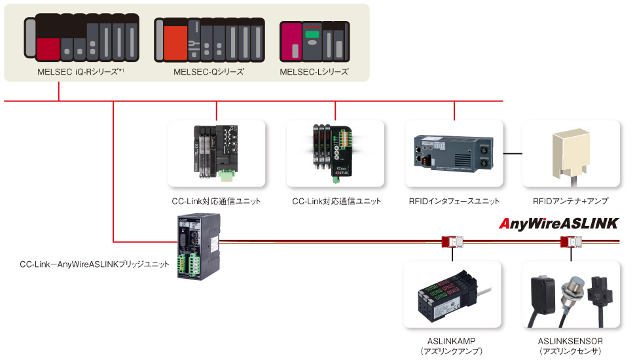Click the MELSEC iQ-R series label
pos(81,71)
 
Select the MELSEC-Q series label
pos(209,71)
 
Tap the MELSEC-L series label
pos(314,71)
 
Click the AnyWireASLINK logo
pos(558,223)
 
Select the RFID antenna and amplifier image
pos(571,154)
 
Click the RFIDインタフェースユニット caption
pos(454,201)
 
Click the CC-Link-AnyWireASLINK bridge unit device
pos(198,248)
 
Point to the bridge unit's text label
pos(94,264)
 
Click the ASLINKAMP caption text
pos(452,341)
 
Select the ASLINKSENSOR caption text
pos(570,341)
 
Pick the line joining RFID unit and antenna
pos(513,154)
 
